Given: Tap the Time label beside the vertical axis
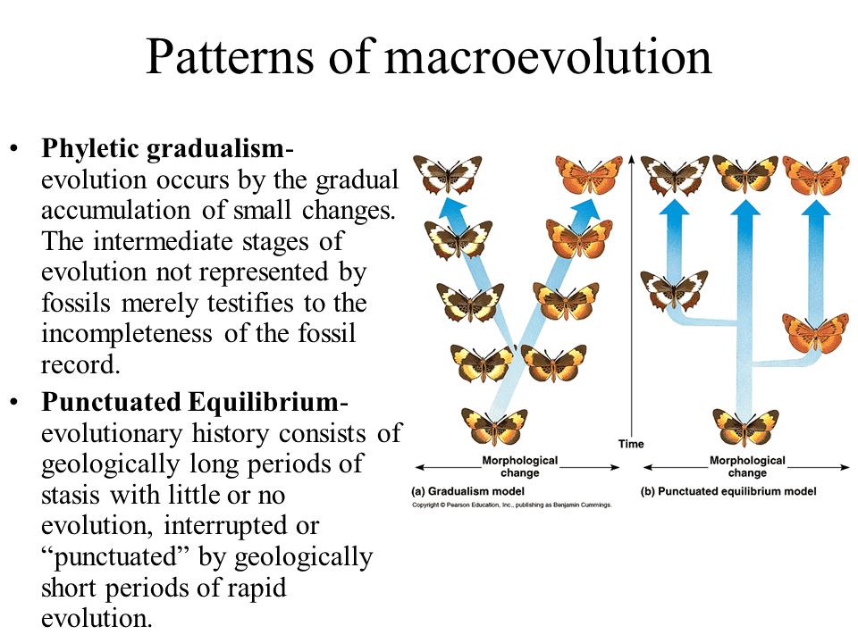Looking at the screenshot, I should [631, 443].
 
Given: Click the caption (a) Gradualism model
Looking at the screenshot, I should [467, 491].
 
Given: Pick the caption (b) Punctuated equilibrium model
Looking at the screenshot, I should [728, 491].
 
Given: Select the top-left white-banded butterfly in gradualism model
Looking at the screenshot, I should [447, 174].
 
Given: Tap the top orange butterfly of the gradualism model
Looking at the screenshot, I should [589, 174].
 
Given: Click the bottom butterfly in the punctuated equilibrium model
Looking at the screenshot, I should [745, 426].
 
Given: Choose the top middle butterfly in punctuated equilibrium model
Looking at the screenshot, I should [745, 174].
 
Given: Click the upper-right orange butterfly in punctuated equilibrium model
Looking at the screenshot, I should [815, 174].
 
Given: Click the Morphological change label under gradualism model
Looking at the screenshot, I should [519, 466].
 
